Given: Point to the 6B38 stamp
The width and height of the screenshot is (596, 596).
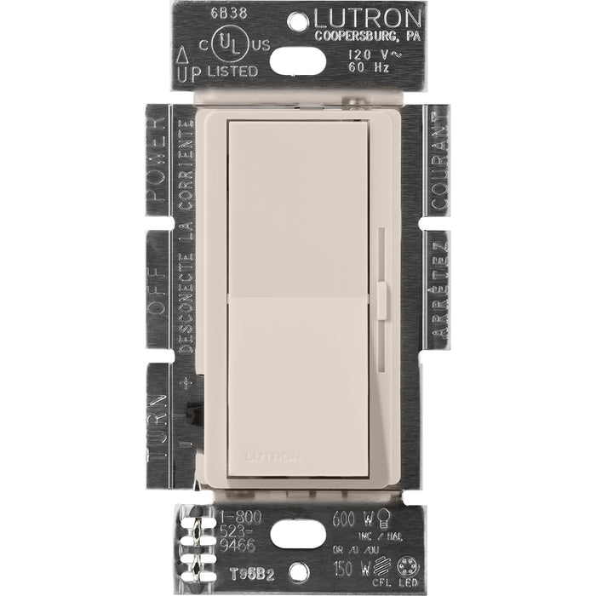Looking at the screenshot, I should point(206,14).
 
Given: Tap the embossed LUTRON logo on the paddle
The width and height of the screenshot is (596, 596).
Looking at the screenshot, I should point(273,456).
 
